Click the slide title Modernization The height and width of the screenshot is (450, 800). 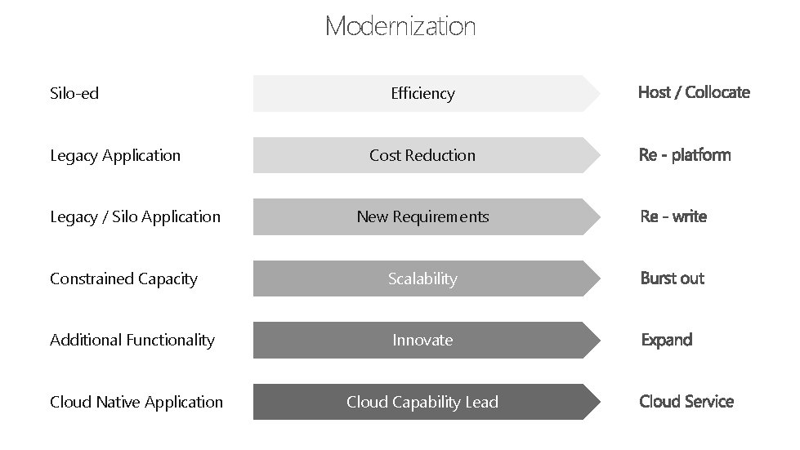tap(400, 26)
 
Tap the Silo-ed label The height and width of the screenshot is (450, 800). tap(74, 93)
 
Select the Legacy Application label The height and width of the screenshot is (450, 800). tap(115, 155)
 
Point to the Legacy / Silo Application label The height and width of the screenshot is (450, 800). tap(135, 216)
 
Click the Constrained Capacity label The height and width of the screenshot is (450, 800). tap(123, 278)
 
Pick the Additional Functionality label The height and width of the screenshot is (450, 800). tap(132, 340)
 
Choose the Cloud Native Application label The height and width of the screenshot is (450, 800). tap(136, 402)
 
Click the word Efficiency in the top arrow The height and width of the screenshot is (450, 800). tap(422, 93)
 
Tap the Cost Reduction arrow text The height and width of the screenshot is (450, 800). tap(422, 155)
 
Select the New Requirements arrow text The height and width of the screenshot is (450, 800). tap(422, 216)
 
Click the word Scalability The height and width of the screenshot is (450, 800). tap(422, 278)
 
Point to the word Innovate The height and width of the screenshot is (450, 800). tap(422, 340)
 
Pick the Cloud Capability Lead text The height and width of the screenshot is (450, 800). tap(422, 402)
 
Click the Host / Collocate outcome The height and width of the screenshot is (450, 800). tap(694, 92)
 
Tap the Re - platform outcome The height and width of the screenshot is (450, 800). tap(685, 154)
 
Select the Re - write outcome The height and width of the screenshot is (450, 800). tap(673, 216)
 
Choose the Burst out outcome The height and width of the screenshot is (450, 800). tap(672, 278)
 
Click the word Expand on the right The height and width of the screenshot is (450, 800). tap(666, 340)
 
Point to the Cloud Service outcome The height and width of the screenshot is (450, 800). tap(686, 401)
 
